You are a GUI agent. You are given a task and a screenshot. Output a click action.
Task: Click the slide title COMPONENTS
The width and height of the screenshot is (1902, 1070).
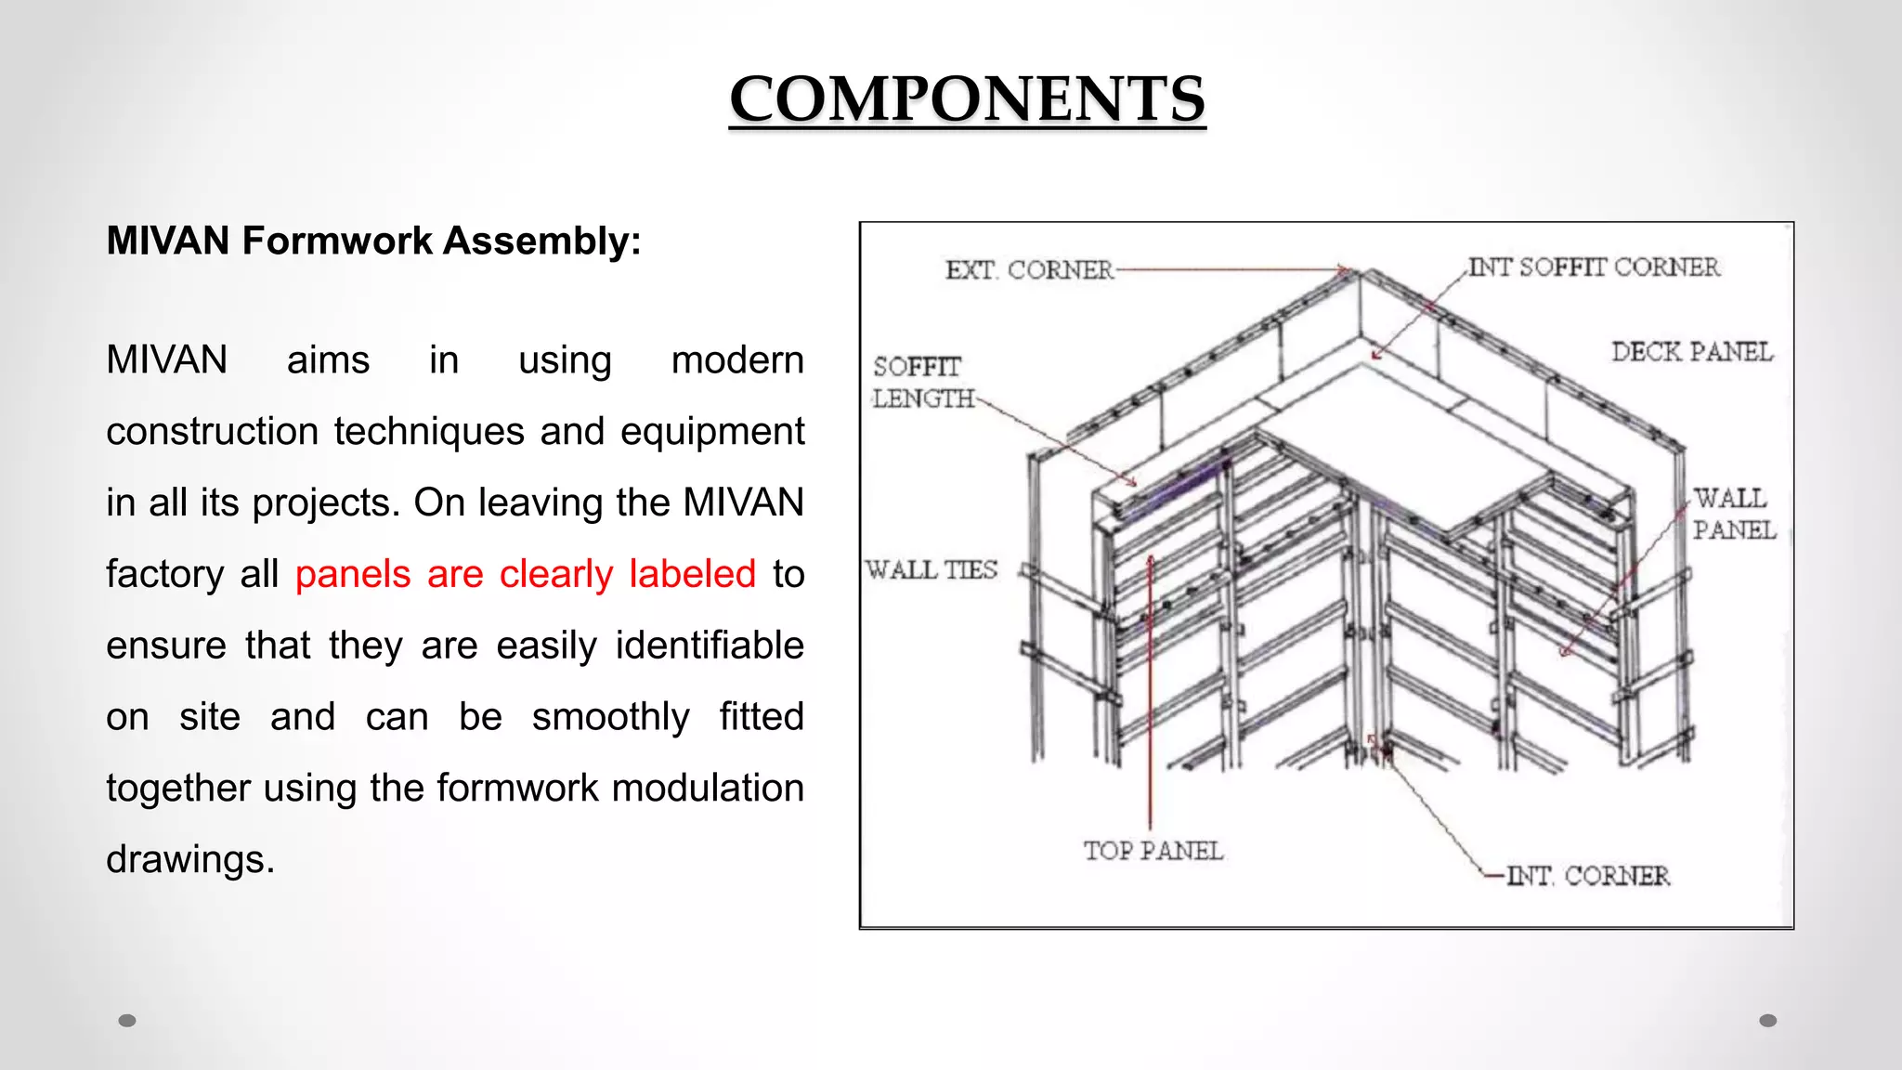click(x=967, y=98)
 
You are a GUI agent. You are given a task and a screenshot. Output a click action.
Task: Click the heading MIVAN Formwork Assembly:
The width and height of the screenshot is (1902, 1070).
click(x=373, y=241)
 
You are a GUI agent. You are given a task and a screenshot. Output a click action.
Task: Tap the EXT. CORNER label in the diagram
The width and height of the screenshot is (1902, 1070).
click(x=1029, y=270)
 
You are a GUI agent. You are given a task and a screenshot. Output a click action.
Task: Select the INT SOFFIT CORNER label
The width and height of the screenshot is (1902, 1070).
click(x=1594, y=267)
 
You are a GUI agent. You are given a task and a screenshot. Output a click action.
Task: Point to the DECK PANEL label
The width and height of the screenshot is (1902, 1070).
click(x=1691, y=352)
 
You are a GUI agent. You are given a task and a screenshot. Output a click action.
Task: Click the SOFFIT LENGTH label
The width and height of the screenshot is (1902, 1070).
click(x=921, y=383)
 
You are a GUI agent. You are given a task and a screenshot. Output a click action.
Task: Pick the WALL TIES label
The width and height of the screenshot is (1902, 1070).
click(x=931, y=569)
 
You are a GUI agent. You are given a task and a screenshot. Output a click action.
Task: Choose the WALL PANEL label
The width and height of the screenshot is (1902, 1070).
click(x=1733, y=514)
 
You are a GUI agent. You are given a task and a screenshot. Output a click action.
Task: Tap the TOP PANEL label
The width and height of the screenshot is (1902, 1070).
click(x=1153, y=851)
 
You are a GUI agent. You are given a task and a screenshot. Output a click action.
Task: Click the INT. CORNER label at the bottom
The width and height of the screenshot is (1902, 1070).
click(x=1587, y=876)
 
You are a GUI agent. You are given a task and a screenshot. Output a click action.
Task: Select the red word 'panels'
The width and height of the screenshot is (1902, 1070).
click(x=353, y=574)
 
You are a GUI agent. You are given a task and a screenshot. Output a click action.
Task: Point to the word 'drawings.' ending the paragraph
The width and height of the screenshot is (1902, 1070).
click(x=190, y=859)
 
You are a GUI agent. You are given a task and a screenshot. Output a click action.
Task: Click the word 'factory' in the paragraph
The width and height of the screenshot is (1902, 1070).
click(x=164, y=574)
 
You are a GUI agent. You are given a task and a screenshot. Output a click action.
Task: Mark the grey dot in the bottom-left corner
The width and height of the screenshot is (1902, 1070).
click(x=127, y=1021)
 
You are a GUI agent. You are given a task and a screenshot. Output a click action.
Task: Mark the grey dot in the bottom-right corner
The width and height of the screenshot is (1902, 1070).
click(x=1768, y=1021)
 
